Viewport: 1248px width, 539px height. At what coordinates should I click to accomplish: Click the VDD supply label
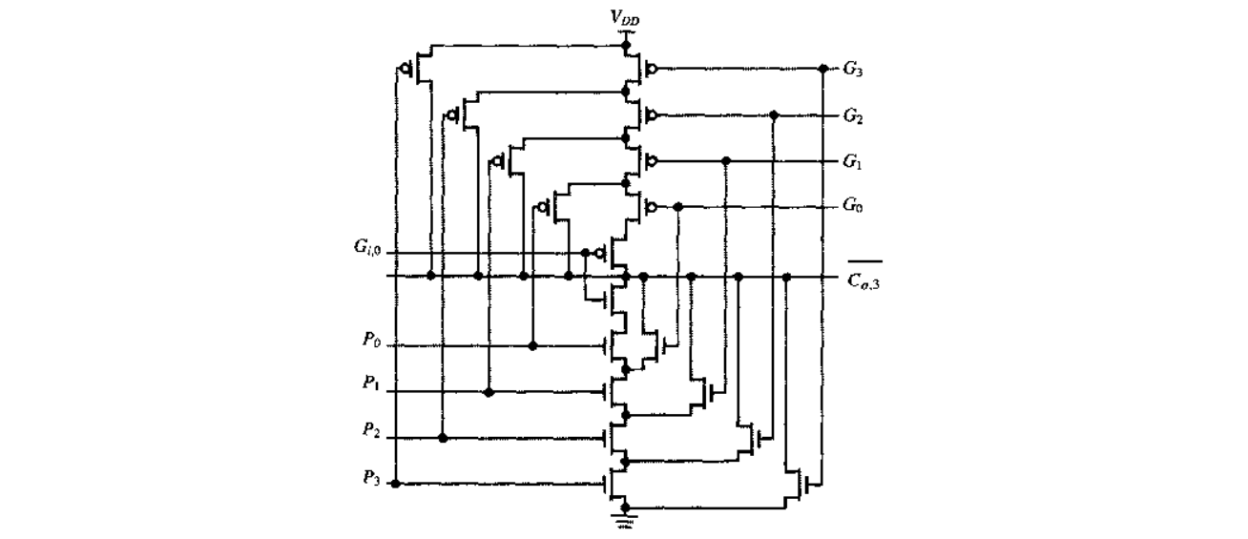[x=626, y=18]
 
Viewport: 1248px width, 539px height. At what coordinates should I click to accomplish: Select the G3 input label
[x=854, y=69]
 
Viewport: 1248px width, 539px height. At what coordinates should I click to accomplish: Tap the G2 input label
[x=854, y=115]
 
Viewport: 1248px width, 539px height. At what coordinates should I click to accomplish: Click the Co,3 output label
[x=863, y=277]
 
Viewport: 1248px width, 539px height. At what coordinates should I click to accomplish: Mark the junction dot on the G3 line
[x=823, y=69]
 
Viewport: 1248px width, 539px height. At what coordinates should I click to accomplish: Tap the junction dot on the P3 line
[x=396, y=484]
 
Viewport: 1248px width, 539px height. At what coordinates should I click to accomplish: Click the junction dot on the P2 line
[x=443, y=438]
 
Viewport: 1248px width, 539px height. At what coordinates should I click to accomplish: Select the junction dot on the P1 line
[x=489, y=392]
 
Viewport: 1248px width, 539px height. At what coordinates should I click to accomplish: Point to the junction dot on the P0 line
[x=533, y=345]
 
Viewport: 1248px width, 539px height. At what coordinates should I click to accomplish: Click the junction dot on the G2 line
[x=774, y=115]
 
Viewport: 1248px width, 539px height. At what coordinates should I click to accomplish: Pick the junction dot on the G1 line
[x=727, y=160]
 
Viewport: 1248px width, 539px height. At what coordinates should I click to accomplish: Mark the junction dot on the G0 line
[x=677, y=206]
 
